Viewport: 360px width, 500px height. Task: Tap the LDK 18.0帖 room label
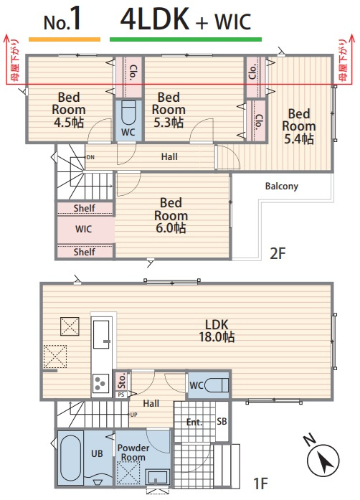click(x=217, y=331)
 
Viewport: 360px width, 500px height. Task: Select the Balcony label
click(x=282, y=187)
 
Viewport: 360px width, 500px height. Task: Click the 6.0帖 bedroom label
click(x=171, y=215)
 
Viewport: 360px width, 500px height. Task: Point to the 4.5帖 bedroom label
click(x=69, y=110)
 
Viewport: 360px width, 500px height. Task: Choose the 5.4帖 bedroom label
click(x=299, y=126)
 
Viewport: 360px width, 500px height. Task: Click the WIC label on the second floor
click(x=83, y=229)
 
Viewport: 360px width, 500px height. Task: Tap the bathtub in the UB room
click(x=70, y=457)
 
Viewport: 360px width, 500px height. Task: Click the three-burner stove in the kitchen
click(x=101, y=383)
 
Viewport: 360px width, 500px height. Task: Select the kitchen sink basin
click(x=101, y=334)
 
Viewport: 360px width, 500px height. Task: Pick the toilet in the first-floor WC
click(x=217, y=385)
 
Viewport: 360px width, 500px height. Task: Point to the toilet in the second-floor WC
click(x=128, y=113)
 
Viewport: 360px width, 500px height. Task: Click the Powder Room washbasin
click(x=157, y=477)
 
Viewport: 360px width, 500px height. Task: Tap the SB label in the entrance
click(x=222, y=421)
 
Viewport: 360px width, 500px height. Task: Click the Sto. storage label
click(x=121, y=381)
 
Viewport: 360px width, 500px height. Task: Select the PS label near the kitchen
click(x=121, y=395)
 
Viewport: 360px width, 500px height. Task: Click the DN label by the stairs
click(x=90, y=157)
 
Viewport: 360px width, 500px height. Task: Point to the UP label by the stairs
click(x=133, y=415)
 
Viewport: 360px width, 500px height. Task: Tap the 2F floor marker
click(x=278, y=253)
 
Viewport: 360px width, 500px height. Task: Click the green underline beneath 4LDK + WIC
click(x=186, y=39)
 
